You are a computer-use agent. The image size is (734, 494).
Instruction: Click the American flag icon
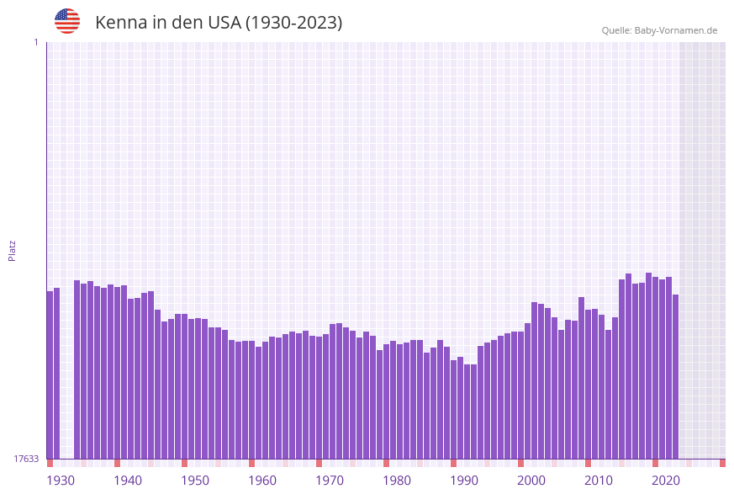[x=67, y=21]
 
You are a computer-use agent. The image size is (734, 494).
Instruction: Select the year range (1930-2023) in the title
[x=293, y=23]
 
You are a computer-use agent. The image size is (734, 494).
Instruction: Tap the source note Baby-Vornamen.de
[x=659, y=30]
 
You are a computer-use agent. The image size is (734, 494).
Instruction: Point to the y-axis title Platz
[x=13, y=250]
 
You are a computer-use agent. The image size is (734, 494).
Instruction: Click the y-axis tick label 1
[x=35, y=42]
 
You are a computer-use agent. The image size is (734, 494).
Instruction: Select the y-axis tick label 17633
[x=26, y=459]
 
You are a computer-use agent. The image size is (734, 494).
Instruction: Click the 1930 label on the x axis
[x=61, y=481]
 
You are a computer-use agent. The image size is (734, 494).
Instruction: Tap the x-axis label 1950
[x=195, y=481]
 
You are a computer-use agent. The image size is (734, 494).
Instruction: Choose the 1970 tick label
[x=330, y=481]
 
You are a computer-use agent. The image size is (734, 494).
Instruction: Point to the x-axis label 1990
[x=464, y=481]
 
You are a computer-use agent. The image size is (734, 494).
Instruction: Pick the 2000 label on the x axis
[x=531, y=481]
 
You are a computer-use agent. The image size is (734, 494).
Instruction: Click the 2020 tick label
[x=666, y=481]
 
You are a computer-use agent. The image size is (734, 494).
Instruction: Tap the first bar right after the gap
[x=77, y=369]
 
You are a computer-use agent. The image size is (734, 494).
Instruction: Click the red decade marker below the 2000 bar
[x=520, y=463]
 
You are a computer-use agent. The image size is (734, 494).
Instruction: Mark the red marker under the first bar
[x=50, y=463]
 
